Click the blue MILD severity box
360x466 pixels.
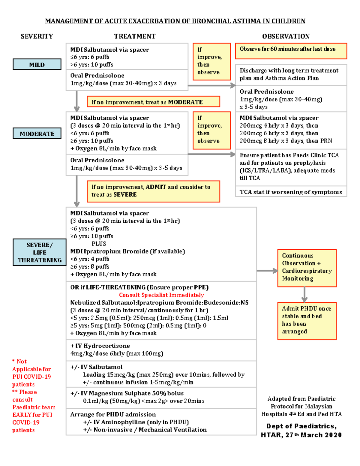click(37, 65)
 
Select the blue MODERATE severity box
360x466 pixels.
click(37, 134)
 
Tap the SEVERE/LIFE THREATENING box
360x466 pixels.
click(39, 252)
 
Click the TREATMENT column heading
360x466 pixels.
click(135, 36)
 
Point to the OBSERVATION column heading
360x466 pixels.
click(286, 36)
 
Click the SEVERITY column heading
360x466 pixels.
click(37, 36)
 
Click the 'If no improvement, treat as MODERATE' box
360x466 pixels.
click(153, 102)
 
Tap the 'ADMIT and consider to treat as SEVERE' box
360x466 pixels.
click(153, 191)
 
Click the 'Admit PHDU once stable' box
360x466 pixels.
click(307, 321)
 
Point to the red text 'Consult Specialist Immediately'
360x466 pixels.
click(161, 295)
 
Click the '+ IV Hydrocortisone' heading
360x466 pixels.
click(100, 346)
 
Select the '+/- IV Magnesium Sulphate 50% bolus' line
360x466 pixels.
click(127, 393)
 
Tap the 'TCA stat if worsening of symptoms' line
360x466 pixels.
click(291, 192)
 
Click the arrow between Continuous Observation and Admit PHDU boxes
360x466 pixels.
click(304, 294)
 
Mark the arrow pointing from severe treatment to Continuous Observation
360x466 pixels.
click(267, 271)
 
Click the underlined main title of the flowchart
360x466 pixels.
click(175, 21)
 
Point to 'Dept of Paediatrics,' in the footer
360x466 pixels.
click(301, 426)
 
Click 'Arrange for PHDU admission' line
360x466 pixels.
click(113, 414)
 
